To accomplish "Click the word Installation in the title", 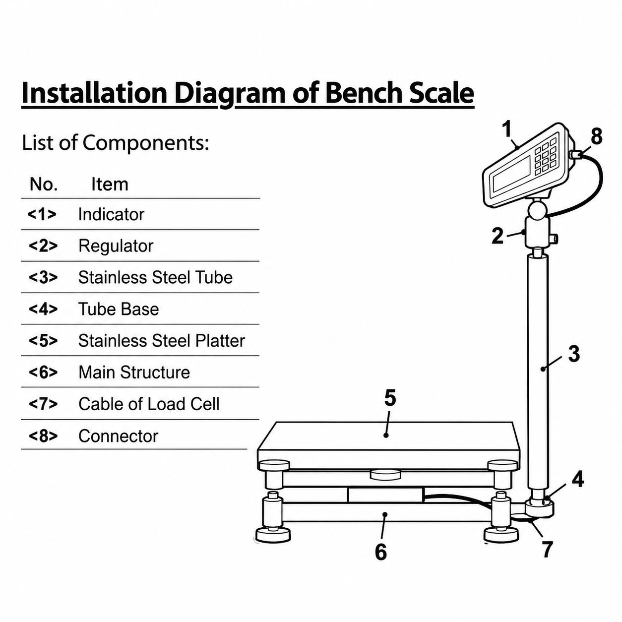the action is (94, 93).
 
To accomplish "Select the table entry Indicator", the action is (112, 214).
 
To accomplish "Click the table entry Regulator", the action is (116, 246).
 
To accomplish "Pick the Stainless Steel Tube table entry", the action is (155, 277).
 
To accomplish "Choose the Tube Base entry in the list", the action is (119, 309).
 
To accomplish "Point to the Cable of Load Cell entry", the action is (149, 404).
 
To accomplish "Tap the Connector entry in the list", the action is (119, 436).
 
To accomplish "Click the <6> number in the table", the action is (43, 372).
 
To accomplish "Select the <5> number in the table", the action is (43, 341).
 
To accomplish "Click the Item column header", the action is (110, 185).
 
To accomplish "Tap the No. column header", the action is (44, 185).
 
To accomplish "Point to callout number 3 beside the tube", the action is (574, 354).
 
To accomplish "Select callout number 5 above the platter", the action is (390, 398).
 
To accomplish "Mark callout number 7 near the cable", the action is (547, 549).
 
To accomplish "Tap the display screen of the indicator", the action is (512, 174).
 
